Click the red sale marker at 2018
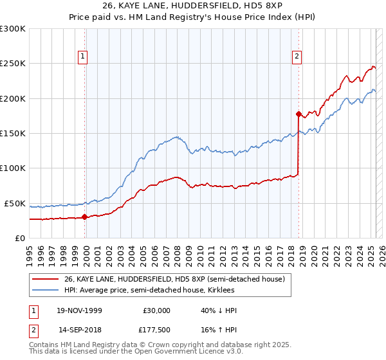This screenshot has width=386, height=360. click(x=299, y=114)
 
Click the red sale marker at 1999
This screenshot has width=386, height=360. click(x=84, y=217)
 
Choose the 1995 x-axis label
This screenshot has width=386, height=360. click(x=30, y=251)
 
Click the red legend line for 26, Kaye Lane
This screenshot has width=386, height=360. click(x=46, y=279)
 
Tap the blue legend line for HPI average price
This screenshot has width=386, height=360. click(x=46, y=290)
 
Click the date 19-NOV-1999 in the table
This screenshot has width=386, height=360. click(x=80, y=310)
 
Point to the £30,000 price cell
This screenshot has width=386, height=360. click(x=157, y=310)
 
